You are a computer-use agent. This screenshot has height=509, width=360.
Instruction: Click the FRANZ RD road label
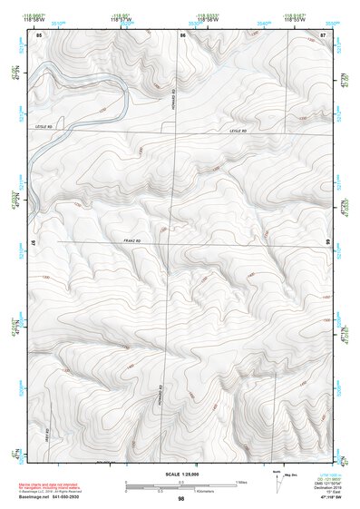tap(134, 240)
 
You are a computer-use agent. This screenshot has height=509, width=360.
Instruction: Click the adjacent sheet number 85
tap(39, 34)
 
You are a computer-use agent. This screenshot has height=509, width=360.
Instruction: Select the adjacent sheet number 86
tap(182, 34)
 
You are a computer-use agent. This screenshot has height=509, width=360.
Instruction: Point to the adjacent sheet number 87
tap(324, 34)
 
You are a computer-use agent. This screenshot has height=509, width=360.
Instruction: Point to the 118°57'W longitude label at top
tap(120, 18)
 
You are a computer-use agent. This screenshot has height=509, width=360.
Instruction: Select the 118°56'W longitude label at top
tap(210, 18)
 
